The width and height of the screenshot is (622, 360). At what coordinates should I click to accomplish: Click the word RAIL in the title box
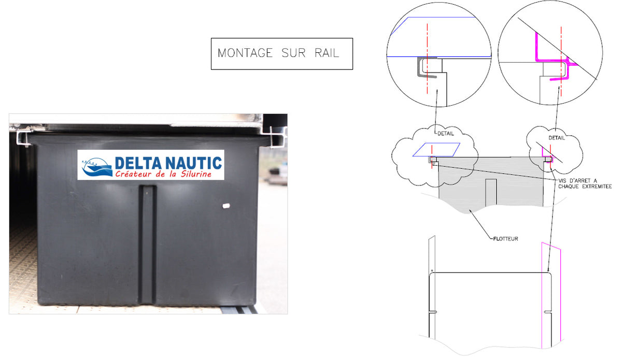327,53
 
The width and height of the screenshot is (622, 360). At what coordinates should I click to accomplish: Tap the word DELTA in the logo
138,163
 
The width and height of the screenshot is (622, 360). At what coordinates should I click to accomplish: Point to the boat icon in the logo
97,167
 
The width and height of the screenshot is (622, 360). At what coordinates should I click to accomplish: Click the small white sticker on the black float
227,206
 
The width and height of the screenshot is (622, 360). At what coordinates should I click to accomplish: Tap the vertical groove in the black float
147,244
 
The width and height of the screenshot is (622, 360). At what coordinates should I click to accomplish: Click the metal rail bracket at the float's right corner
277,137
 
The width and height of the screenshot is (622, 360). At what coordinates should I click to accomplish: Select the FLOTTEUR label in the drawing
505,239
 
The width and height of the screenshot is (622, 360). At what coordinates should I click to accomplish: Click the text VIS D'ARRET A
577,181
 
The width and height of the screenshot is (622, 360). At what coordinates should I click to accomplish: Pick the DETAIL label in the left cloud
446,134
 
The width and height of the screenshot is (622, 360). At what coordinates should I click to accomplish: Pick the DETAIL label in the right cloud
557,138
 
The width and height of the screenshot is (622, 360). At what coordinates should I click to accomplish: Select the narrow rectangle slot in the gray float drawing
491,192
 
